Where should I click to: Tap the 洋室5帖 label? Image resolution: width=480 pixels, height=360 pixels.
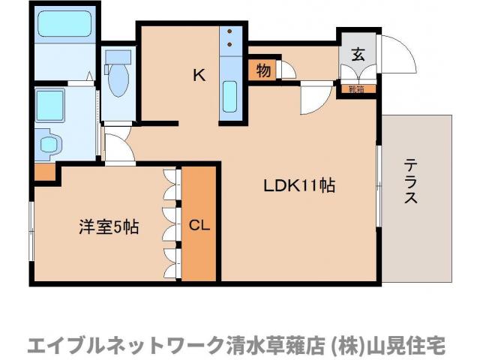[x=109, y=226]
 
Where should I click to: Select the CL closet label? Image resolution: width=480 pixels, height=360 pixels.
[x=199, y=224]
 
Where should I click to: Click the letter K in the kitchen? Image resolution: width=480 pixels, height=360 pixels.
[x=199, y=74]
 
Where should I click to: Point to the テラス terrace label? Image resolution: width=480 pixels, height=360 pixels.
[x=411, y=182]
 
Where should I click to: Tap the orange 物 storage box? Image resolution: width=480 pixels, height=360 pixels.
[x=262, y=70]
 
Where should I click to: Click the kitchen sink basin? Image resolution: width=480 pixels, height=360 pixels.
[x=230, y=99]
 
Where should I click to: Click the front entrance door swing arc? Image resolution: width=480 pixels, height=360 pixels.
[x=398, y=54]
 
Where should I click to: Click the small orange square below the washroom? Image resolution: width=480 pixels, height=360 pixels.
[x=45, y=171]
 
